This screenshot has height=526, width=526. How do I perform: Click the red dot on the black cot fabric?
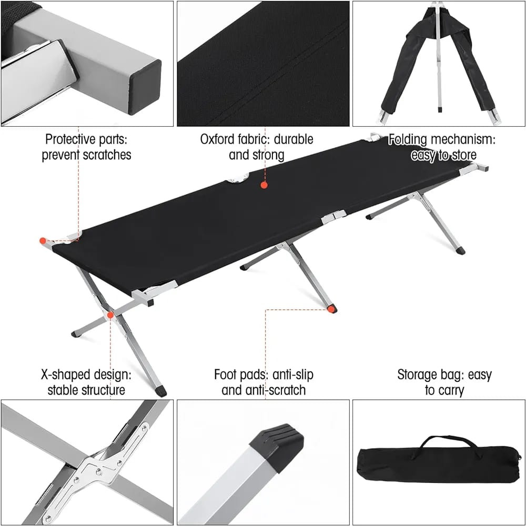click(264, 185)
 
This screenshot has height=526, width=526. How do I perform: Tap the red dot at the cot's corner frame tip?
click(43, 240)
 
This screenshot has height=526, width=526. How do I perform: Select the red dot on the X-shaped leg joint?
click(110, 315)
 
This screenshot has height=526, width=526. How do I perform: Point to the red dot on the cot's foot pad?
click(331, 309)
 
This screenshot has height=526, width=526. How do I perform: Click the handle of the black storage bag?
click(449, 443)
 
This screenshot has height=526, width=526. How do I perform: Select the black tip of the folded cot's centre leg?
click(440, 109)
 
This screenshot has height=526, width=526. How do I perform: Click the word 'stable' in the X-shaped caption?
click(63, 390)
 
